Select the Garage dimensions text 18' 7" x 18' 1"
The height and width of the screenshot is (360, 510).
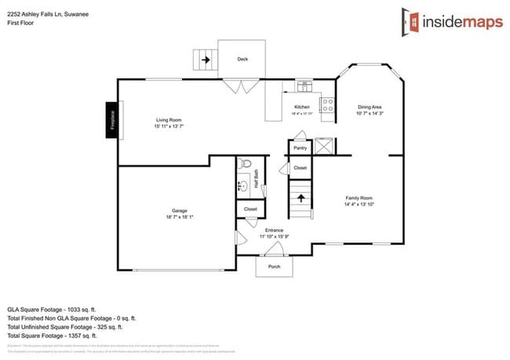point(180,217)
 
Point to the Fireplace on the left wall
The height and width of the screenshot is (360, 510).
point(112,120)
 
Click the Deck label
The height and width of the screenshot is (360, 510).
point(242,58)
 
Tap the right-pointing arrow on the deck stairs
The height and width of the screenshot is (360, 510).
point(206,59)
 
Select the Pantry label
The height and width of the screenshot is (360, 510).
point(300,147)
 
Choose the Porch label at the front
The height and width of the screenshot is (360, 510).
point(275,266)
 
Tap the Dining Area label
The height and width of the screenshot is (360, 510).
point(370,107)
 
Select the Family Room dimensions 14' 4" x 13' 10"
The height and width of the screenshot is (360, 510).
point(358,205)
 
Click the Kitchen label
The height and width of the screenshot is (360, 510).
point(302,107)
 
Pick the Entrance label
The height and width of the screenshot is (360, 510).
point(274,230)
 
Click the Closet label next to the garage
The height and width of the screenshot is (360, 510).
point(250,209)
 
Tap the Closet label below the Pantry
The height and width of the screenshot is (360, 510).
point(300,168)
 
